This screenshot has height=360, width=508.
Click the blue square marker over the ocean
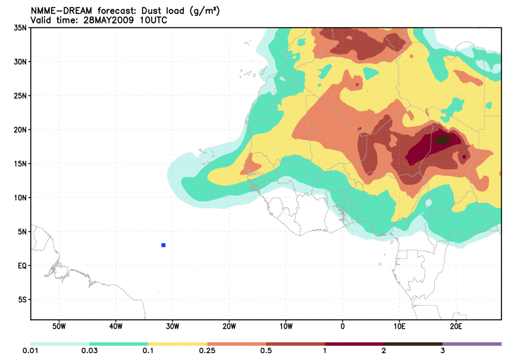click(x=163, y=245)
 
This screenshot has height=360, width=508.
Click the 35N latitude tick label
click(x=21, y=28)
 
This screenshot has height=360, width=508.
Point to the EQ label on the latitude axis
click(x=22, y=265)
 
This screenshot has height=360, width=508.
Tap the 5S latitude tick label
click(x=23, y=299)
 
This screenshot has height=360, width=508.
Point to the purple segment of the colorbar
click(x=472, y=344)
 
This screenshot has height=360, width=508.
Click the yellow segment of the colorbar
click(x=177, y=344)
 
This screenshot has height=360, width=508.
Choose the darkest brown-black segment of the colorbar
click(x=413, y=344)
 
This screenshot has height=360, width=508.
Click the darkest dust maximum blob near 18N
click(x=442, y=140)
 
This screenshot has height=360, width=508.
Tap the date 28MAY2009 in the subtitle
click(x=109, y=20)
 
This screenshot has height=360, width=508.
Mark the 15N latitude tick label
click(x=21, y=164)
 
